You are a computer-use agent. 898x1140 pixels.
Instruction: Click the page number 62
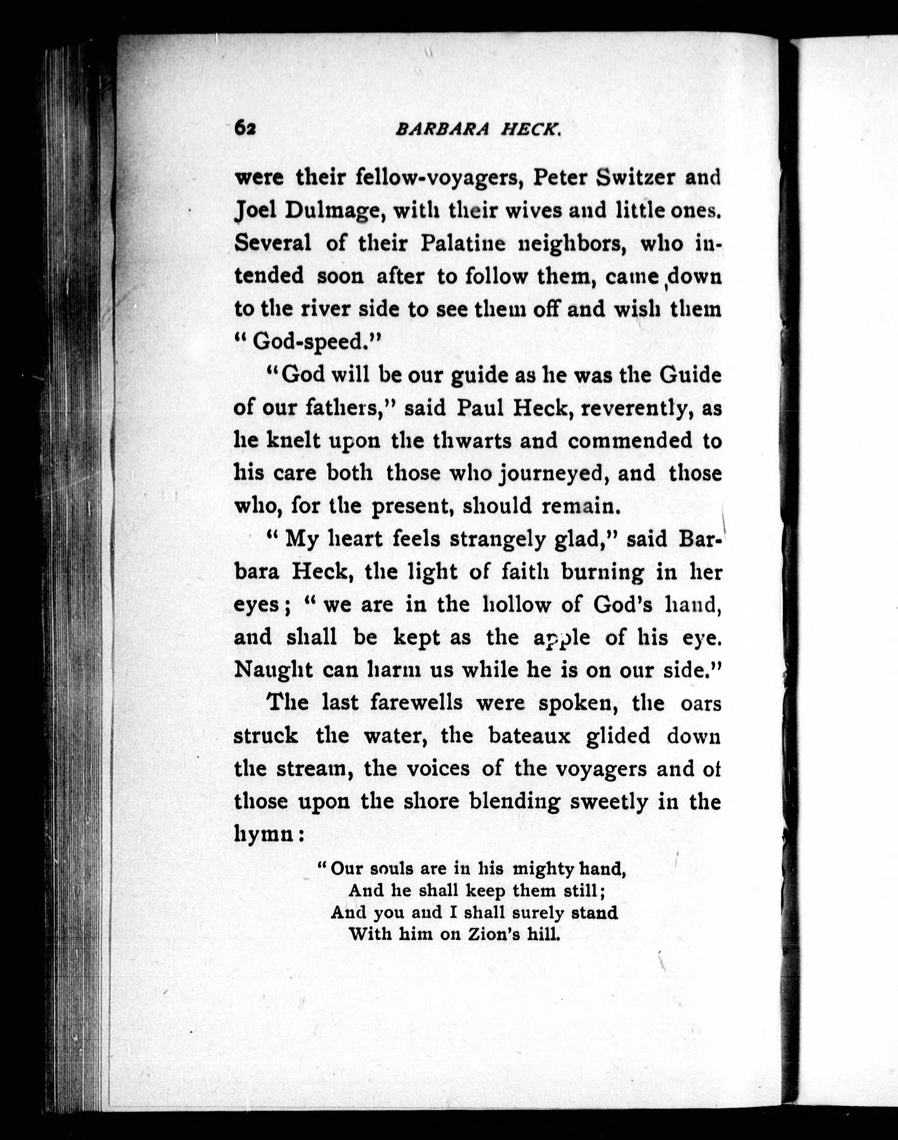[x=245, y=128]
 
